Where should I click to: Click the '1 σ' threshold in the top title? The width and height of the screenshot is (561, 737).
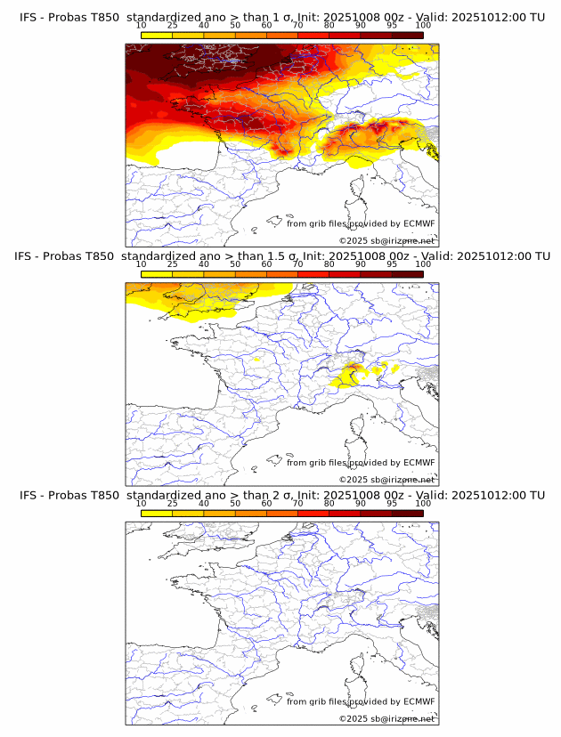(x=282, y=18)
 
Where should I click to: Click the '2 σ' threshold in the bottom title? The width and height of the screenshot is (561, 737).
(x=282, y=495)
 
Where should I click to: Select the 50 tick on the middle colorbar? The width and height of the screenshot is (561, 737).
(x=235, y=263)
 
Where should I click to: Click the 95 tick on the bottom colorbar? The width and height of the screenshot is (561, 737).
(x=392, y=502)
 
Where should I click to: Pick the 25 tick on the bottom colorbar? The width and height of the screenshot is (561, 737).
(x=173, y=502)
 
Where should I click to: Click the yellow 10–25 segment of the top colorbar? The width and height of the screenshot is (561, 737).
(x=157, y=35)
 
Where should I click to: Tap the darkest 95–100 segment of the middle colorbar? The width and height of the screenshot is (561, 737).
(x=407, y=273)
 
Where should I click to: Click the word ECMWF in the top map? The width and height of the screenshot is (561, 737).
(x=419, y=223)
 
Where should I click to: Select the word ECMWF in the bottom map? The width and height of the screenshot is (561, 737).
(x=419, y=701)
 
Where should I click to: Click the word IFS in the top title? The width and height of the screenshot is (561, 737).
(x=28, y=18)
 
